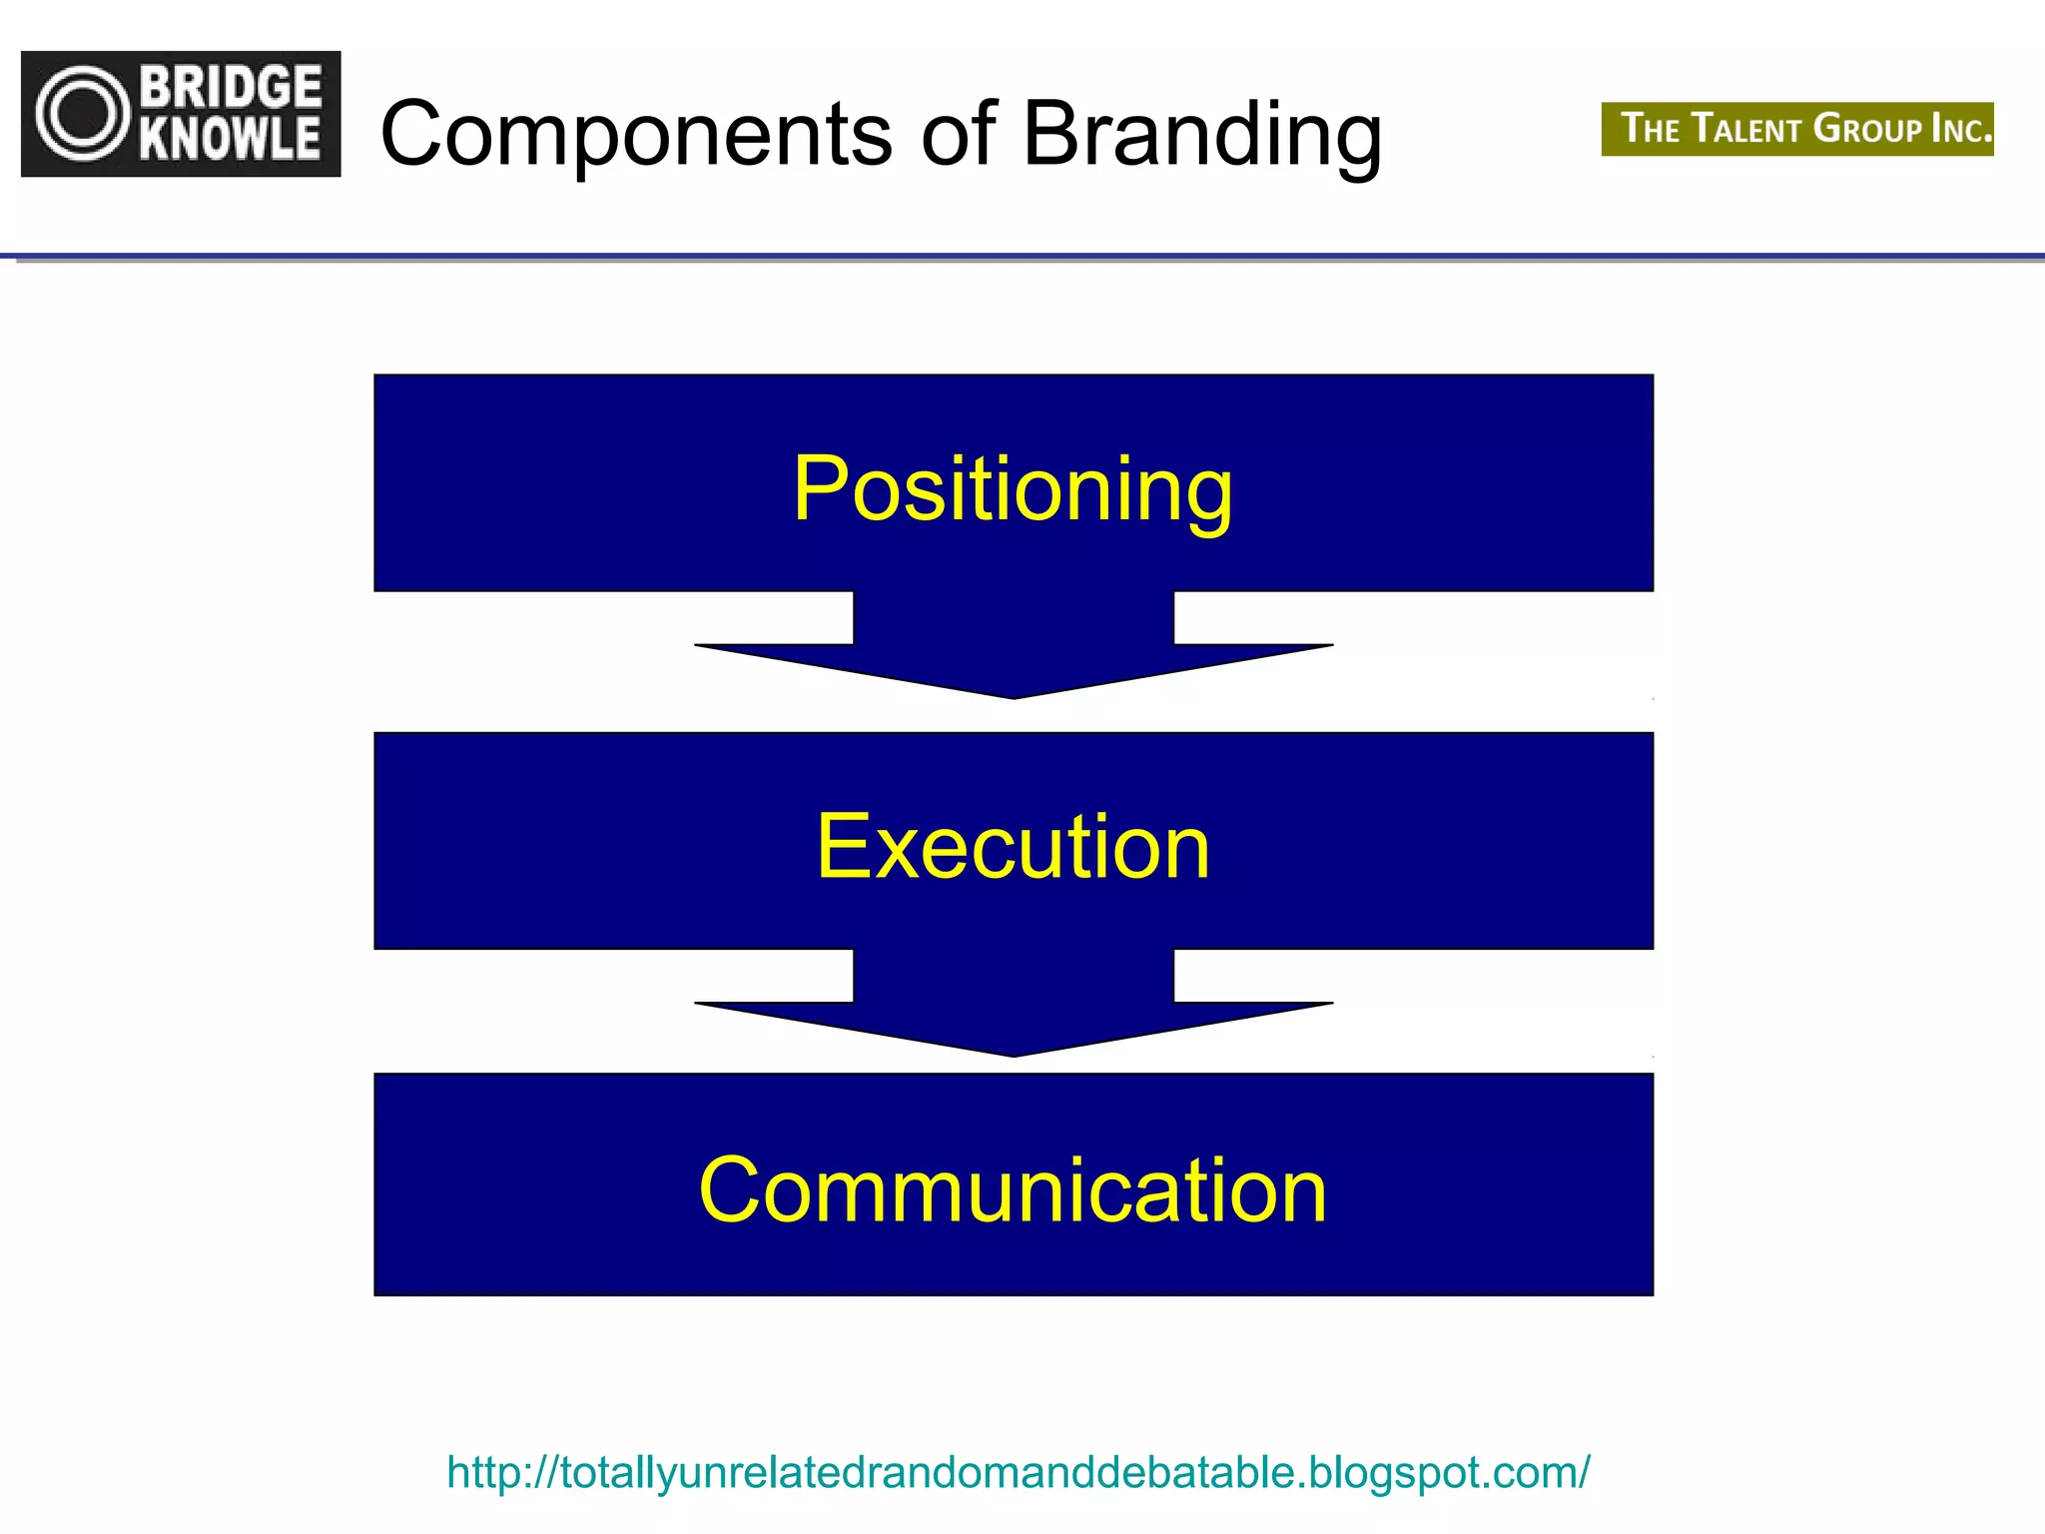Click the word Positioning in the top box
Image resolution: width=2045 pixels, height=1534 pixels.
[1013, 488]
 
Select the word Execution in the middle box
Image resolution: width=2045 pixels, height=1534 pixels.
[1013, 846]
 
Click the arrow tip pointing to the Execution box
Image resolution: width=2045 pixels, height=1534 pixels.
[1014, 693]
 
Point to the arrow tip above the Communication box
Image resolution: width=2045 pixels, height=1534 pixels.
[1014, 1051]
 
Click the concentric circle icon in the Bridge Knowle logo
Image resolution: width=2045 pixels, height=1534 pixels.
[83, 113]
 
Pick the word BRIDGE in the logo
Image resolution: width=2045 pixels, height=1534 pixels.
[231, 87]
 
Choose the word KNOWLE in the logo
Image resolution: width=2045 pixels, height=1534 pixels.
[231, 139]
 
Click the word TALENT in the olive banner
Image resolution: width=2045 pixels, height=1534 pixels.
[1747, 129]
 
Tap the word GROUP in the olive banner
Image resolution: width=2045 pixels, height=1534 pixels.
[1868, 129]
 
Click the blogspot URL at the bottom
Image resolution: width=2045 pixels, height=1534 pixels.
[1018, 1472]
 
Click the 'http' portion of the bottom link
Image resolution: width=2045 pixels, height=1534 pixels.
[482, 1472]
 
